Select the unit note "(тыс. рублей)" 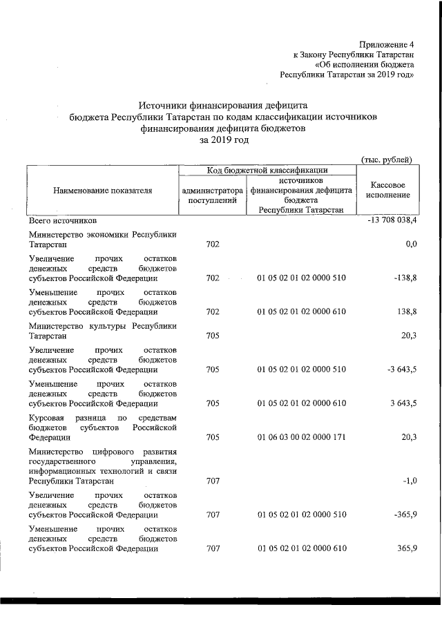[x=387, y=160]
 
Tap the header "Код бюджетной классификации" [x=267, y=169]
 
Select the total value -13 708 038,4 [x=389, y=221]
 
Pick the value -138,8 [x=404, y=278]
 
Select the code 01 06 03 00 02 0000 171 [x=301, y=436]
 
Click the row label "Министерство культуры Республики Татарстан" [x=102, y=330]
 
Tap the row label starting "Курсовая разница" [x=102, y=427]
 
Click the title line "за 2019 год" [x=223, y=140]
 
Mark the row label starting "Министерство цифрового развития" [x=102, y=466]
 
